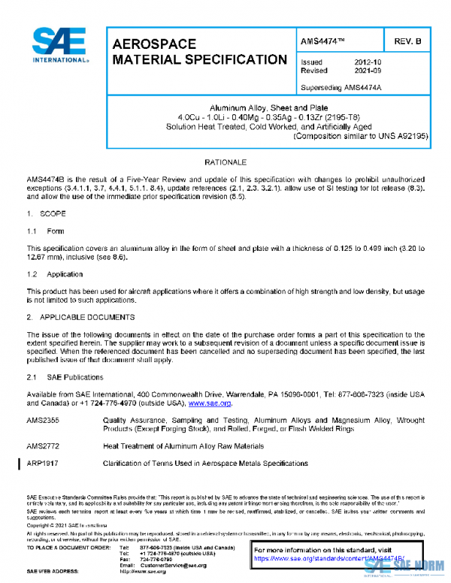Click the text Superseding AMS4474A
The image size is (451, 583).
click(341, 86)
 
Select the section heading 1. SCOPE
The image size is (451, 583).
click(46, 214)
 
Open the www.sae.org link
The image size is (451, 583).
click(209, 403)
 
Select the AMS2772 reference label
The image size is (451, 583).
click(43, 446)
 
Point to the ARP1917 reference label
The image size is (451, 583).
click(43, 464)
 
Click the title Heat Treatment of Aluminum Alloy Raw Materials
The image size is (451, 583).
click(179, 446)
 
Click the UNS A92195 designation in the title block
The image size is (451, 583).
click(401, 136)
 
